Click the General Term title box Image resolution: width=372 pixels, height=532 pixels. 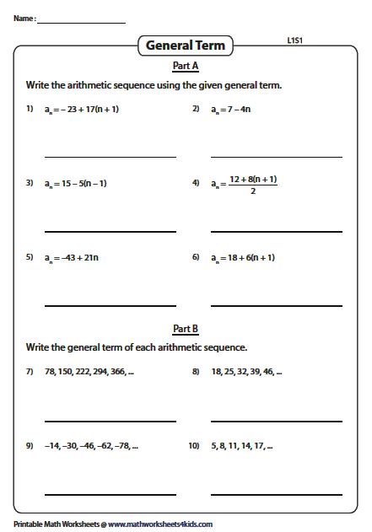point(186,46)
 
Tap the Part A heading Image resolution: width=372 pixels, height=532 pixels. point(186,66)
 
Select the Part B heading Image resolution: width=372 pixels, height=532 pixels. point(186,329)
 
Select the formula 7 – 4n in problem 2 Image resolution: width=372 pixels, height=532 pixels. point(237,109)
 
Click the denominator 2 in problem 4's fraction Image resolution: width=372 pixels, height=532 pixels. point(253,190)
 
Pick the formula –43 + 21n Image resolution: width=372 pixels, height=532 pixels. point(73,257)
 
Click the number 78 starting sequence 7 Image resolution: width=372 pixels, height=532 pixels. point(50,371)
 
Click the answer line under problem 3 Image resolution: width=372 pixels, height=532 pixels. point(110,231)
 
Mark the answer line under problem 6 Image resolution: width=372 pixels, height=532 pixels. point(277,305)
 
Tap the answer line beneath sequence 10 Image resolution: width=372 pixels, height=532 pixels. point(277,494)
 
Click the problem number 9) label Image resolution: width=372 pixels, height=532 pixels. point(29,445)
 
